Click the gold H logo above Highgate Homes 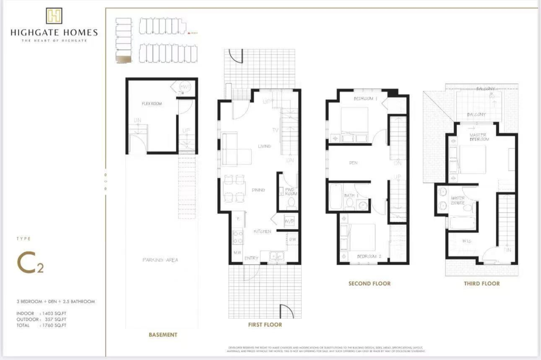tap(54, 16)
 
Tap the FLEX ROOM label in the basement tap(151, 104)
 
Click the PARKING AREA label tap(160, 260)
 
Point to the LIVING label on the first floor tap(264, 146)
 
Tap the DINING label tap(258, 190)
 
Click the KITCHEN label tap(262, 231)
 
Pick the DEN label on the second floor tap(353, 162)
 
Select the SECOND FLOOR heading tap(369, 283)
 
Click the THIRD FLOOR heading tap(481, 283)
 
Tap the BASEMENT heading tap(163, 335)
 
